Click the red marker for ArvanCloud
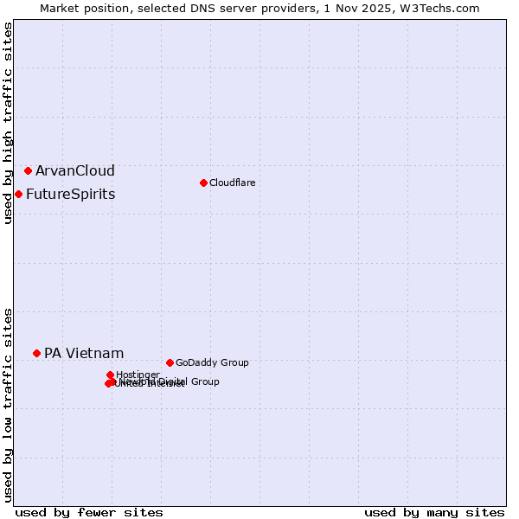(28, 170)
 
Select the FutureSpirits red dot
(18, 194)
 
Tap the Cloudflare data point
(203, 183)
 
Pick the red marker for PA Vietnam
(36, 353)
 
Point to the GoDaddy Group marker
(170, 362)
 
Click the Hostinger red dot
(110, 375)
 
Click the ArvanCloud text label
(74, 170)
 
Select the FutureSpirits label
(70, 194)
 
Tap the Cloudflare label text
(232, 183)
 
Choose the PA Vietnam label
(84, 353)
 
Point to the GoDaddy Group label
(212, 362)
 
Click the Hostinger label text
(138, 375)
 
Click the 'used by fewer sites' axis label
(89, 512)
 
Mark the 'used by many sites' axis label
(434, 512)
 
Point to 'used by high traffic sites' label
(8, 123)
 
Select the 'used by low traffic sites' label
(8, 405)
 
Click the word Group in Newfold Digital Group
(204, 381)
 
